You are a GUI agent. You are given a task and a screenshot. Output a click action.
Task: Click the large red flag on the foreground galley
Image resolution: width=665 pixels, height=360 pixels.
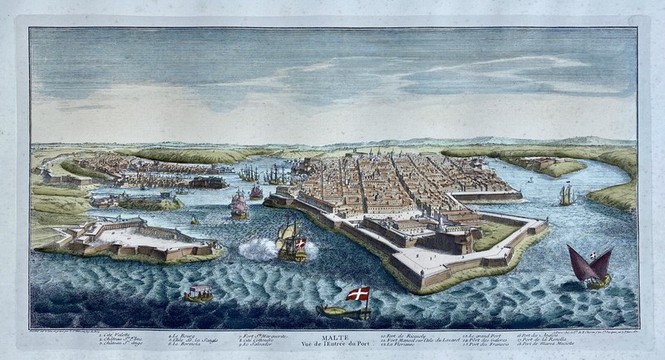(x=358, y=293)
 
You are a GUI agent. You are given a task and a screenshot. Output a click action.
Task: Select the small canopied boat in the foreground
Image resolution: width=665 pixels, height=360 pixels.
(x=198, y=293)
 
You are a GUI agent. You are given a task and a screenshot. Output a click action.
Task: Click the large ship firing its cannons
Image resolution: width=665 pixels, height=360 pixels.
(x=290, y=243)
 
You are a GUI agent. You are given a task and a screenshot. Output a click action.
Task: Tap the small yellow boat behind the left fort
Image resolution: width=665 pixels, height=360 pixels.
(x=195, y=220)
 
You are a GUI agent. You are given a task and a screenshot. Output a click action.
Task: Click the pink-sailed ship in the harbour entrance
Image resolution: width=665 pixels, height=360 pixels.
(x=239, y=205)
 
